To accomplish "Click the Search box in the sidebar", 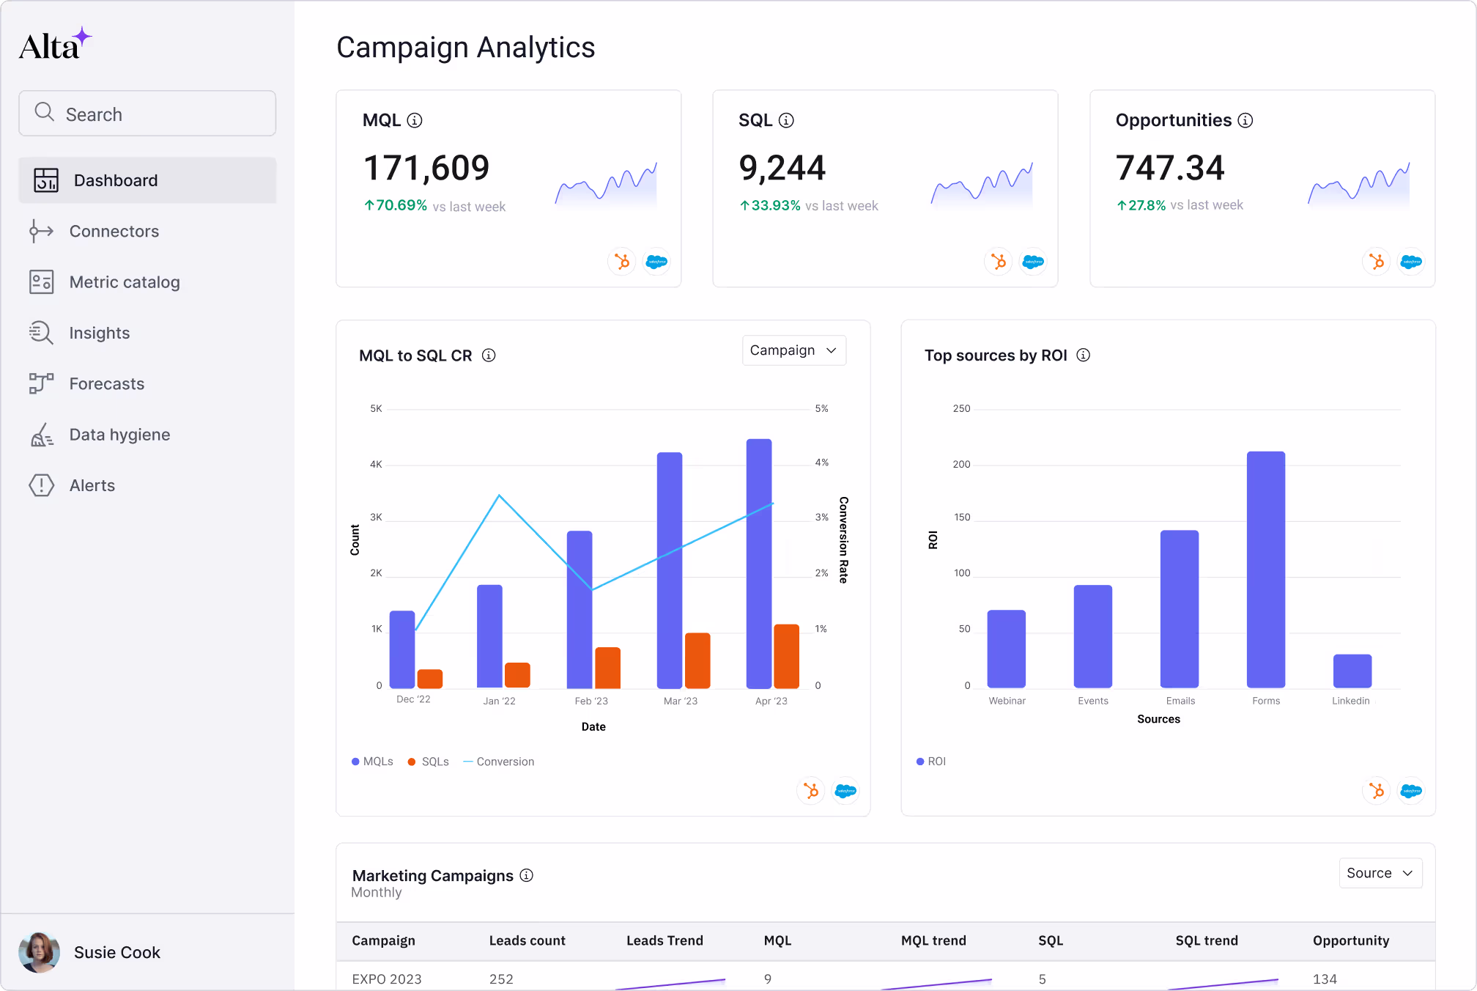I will point(147,114).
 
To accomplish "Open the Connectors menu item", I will point(114,232).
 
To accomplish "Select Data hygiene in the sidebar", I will point(119,435).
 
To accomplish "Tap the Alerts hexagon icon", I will point(42,485).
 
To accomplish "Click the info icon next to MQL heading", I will point(415,120).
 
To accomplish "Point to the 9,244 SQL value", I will point(782,168).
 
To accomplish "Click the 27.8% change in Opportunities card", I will point(1146,205).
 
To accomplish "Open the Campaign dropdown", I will point(793,350).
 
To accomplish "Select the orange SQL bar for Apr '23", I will point(786,656).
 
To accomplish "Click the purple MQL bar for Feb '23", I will point(580,608).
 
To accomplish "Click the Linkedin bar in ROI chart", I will point(1352,671).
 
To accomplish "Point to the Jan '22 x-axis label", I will point(499,701).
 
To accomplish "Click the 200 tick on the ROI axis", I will point(961,464).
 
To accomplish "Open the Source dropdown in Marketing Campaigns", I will point(1380,873).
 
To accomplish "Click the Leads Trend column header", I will point(665,940).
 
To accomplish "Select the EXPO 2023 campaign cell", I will point(387,979).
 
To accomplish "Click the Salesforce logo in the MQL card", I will point(656,262).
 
